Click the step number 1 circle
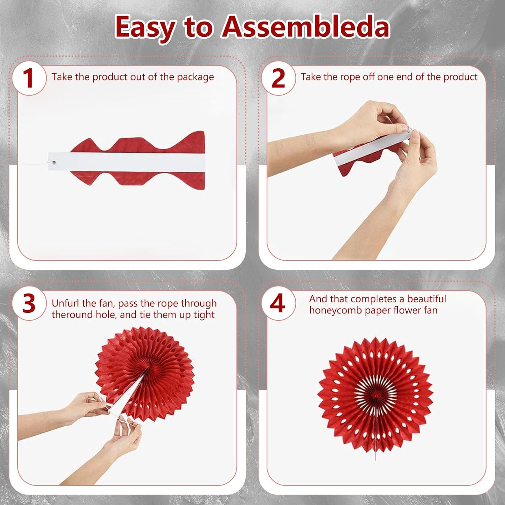click(29, 78)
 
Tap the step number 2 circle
click(278, 78)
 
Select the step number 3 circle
click(29, 303)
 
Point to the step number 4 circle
click(278, 303)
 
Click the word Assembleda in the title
click(305, 27)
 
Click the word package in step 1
click(195, 77)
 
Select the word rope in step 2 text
click(350, 77)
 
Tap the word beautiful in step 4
click(427, 299)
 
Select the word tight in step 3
click(204, 315)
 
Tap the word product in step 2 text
click(460, 77)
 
